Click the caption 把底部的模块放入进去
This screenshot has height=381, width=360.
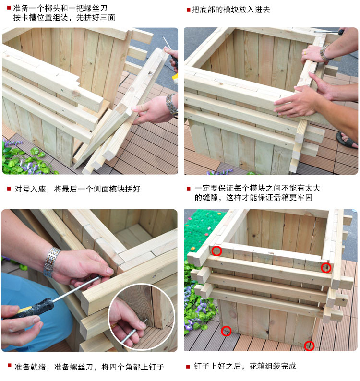231,10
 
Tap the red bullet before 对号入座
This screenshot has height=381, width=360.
9,188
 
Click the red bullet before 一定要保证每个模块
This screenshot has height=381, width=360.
188,188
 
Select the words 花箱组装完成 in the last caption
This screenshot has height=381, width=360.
273,366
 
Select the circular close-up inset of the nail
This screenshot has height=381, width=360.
142,317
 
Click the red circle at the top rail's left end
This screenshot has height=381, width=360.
216,251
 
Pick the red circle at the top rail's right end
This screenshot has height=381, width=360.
326,268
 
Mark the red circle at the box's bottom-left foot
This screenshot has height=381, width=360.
226,331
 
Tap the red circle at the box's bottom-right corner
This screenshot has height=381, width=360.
309,346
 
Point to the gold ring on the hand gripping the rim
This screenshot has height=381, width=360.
305,53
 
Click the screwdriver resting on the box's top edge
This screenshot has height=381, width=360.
329,32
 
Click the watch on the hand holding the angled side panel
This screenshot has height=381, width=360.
171,104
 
